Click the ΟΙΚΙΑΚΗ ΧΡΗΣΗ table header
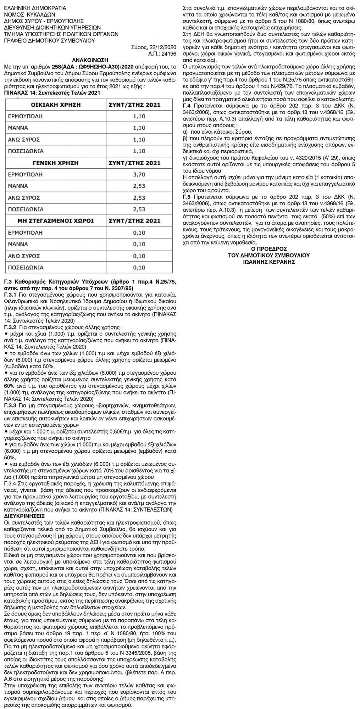click(56, 105)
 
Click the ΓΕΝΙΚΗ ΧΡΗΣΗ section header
click(56, 163)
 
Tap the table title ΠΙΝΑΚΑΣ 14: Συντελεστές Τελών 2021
click(50, 93)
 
